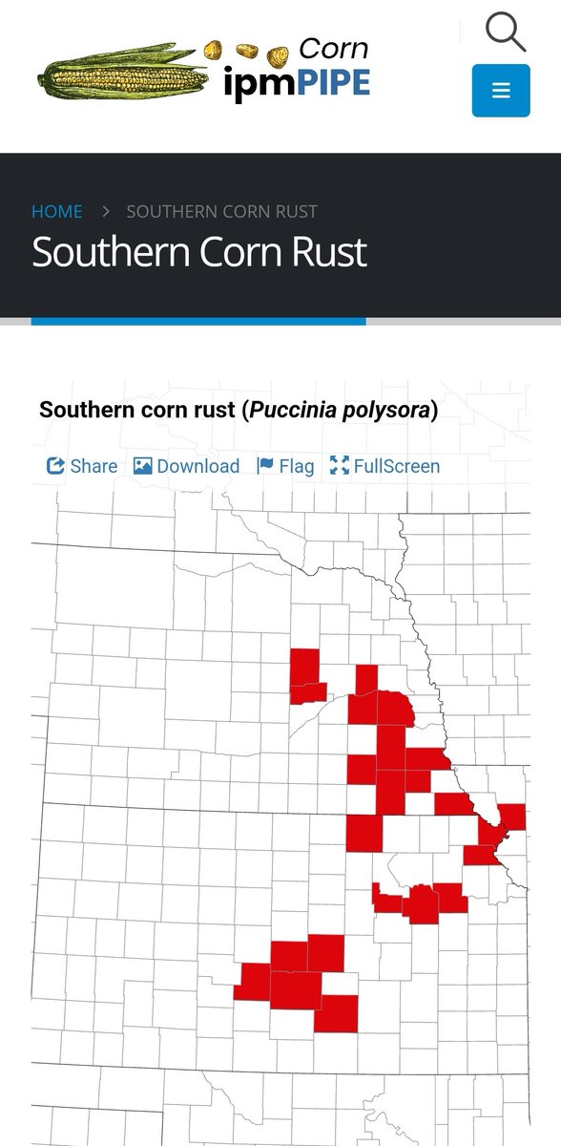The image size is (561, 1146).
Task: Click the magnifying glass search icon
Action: (505, 31)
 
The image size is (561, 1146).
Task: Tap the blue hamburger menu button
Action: (501, 91)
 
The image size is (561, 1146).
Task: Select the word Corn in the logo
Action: (333, 49)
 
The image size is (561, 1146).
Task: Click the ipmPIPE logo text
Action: (296, 84)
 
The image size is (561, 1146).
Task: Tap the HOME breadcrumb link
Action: (57, 211)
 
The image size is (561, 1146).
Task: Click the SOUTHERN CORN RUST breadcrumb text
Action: (222, 211)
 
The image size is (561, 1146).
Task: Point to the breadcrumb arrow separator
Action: (106, 211)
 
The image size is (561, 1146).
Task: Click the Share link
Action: (93, 466)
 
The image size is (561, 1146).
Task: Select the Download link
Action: (197, 466)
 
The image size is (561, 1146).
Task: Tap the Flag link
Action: (296, 466)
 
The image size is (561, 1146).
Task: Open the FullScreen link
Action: (396, 466)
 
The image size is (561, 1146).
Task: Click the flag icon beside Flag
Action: (266, 466)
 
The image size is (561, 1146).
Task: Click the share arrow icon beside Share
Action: (55, 466)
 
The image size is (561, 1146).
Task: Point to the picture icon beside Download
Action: (143, 466)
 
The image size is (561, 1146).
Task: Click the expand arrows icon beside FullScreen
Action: (339, 466)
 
